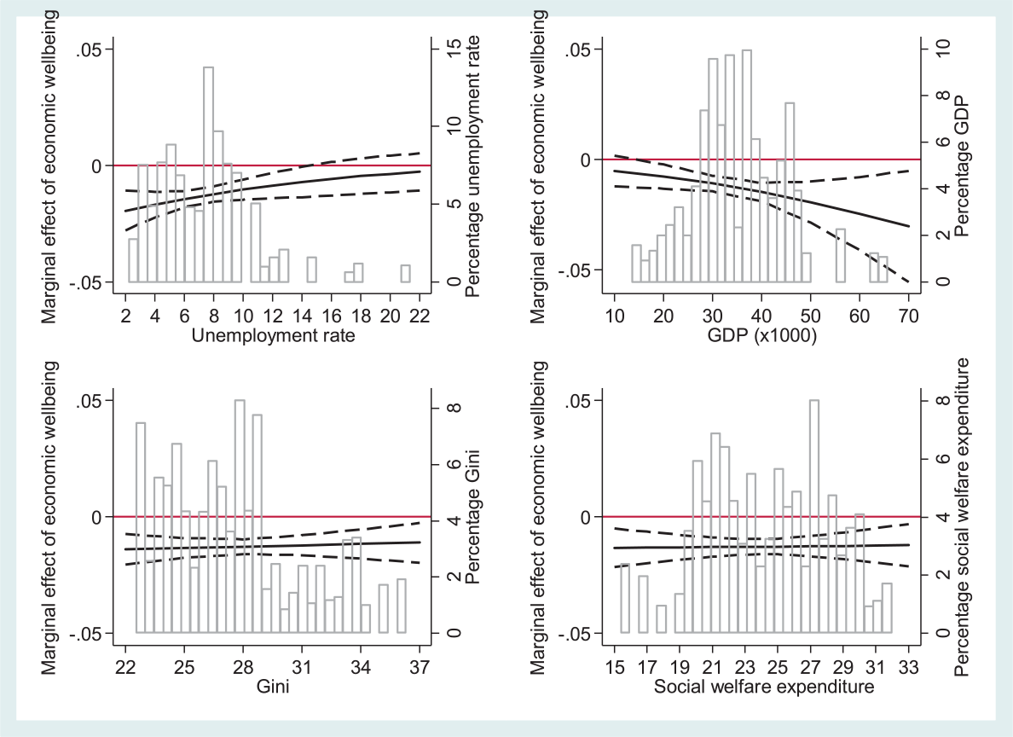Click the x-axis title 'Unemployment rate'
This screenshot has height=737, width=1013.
273,335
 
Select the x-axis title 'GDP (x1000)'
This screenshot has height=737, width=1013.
762,336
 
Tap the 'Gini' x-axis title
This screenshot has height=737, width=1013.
273,686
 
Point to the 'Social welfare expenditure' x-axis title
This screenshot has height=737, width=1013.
764,686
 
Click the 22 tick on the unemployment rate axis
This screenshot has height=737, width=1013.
420,316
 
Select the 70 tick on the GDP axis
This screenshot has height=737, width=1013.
908,316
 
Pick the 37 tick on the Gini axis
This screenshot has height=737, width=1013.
420,666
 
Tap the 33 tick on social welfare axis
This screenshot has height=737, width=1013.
908,666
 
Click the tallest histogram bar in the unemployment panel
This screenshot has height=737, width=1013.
208,175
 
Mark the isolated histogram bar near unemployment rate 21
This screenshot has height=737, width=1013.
405,274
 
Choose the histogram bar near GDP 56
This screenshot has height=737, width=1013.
840,255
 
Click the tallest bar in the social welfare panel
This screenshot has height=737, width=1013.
814,517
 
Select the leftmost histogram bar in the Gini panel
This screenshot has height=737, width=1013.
141,527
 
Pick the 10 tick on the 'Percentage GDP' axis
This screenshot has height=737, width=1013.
942,49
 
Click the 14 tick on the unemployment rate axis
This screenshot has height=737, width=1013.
302,316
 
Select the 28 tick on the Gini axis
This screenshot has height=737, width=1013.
243,666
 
